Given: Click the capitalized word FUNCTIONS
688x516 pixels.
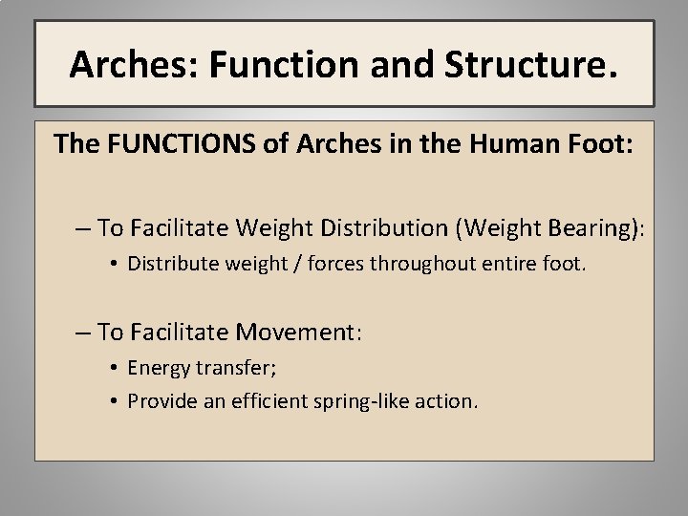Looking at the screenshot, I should pos(180,143).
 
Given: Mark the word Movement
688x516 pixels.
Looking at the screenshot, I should pos(294,332).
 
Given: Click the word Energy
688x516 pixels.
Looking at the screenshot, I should pos(157,367).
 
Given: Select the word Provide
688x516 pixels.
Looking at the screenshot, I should pos(160,401).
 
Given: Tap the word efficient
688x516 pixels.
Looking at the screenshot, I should pos(264,401).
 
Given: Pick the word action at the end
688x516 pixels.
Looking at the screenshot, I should pos(445,401).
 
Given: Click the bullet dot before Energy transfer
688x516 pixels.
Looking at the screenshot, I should pos(113,368).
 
